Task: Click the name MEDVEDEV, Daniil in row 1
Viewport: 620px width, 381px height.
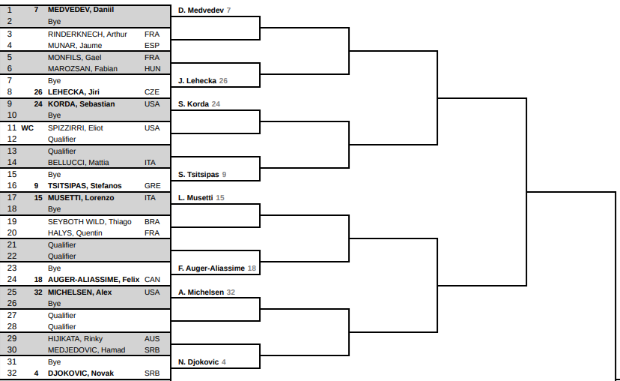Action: click(x=81, y=10)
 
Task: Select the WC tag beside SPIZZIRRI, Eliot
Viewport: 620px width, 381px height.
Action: click(x=27, y=128)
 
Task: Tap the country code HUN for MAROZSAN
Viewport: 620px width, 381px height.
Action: click(x=153, y=68)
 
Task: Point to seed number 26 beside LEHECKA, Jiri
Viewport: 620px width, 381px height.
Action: click(x=38, y=92)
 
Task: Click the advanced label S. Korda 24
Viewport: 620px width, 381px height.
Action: click(x=199, y=104)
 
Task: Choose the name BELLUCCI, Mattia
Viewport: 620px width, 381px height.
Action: click(x=79, y=163)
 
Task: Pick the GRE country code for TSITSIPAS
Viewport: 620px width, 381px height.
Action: click(x=153, y=186)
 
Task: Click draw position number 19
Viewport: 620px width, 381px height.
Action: click(x=12, y=221)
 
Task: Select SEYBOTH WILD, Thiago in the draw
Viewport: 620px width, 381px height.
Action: click(x=89, y=222)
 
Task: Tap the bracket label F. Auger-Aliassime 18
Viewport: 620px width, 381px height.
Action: click(x=217, y=268)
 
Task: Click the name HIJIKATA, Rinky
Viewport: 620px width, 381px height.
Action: click(x=75, y=338)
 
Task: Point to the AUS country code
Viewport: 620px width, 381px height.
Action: click(x=152, y=338)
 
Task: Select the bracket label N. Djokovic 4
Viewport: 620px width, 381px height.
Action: click(x=202, y=362)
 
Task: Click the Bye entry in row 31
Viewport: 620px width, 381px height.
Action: click(x=54, y=362)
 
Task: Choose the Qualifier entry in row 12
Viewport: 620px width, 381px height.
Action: click(x=61, y=139)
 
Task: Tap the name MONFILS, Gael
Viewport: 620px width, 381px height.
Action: click(x=74, y=58)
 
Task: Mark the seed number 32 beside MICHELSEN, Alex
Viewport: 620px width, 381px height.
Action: click(x=38, y=292)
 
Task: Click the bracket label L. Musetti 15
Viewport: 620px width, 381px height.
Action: click(x=201, y=198)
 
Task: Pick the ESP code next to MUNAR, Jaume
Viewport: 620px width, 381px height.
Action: click(x=152, y=46)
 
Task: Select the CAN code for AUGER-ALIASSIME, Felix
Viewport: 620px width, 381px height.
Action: click(x=152, y=280)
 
